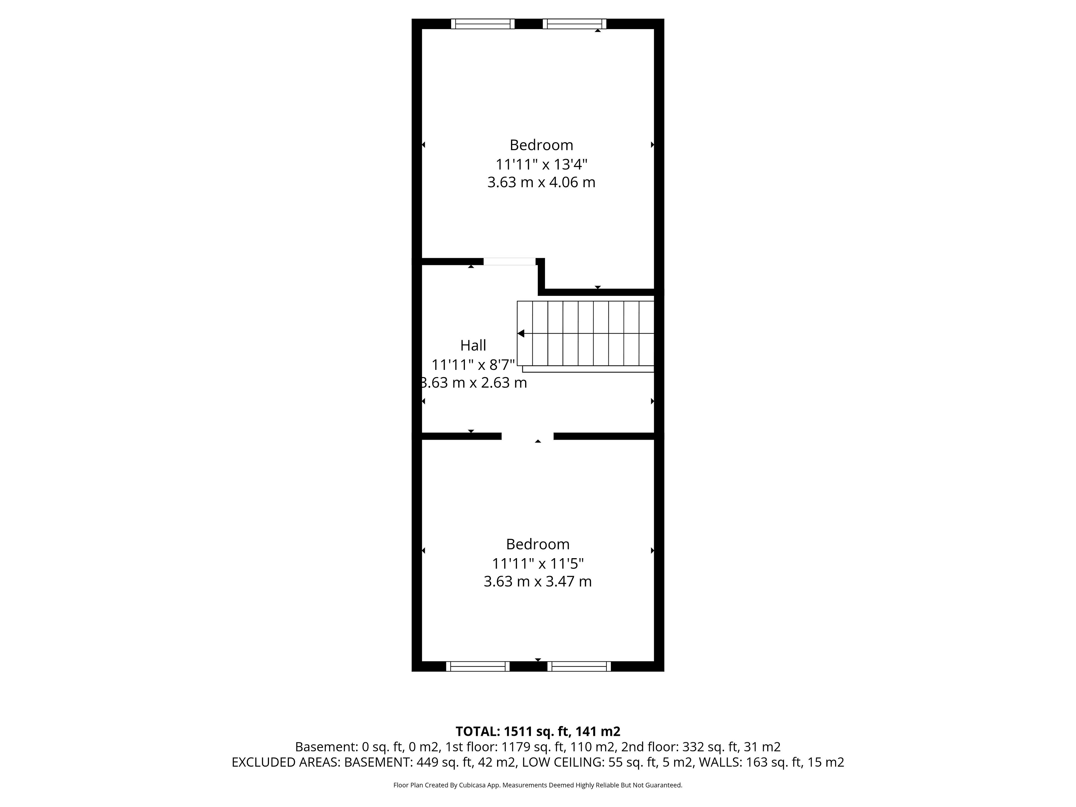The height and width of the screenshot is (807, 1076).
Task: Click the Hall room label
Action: click(473, 345)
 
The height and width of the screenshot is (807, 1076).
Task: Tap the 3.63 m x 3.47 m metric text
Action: click(537, 581)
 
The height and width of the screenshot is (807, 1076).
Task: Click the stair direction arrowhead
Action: click(521, 333)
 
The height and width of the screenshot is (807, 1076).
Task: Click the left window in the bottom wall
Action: click(478, 666)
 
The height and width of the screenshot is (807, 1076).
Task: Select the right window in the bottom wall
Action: click(579, 666)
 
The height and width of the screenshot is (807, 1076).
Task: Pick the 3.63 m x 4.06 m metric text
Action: click(541, 182)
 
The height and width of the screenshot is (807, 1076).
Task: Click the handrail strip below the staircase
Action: click(588, 369)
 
